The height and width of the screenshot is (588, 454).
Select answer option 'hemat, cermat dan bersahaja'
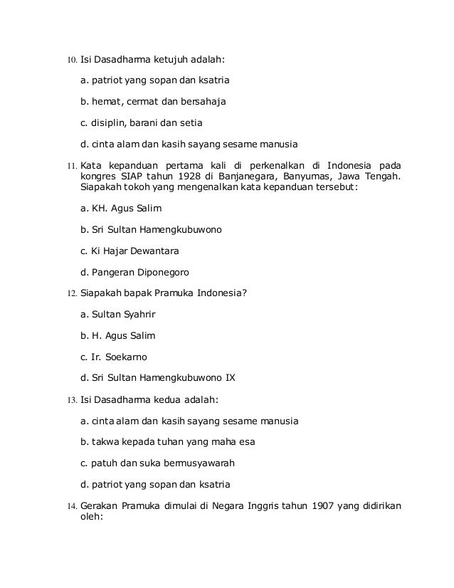click(x=154, y=103)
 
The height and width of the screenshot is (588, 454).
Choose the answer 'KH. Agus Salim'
click(x=122, y=209)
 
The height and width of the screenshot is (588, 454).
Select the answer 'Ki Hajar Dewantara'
click(x=130, y=251)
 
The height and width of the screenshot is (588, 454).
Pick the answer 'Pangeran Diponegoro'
click(x=136, y=271)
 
